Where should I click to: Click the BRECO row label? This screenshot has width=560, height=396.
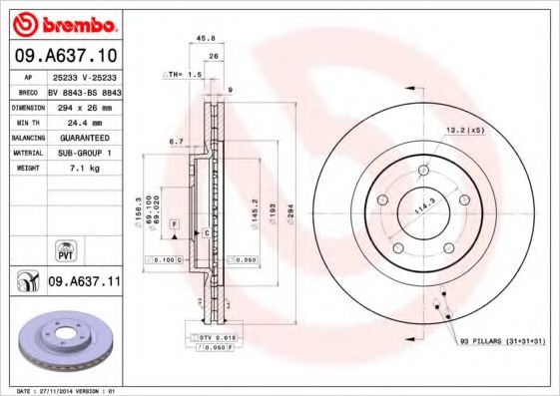(x=28, y=89)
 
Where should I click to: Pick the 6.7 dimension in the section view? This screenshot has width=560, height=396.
(x=175, y=142)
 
